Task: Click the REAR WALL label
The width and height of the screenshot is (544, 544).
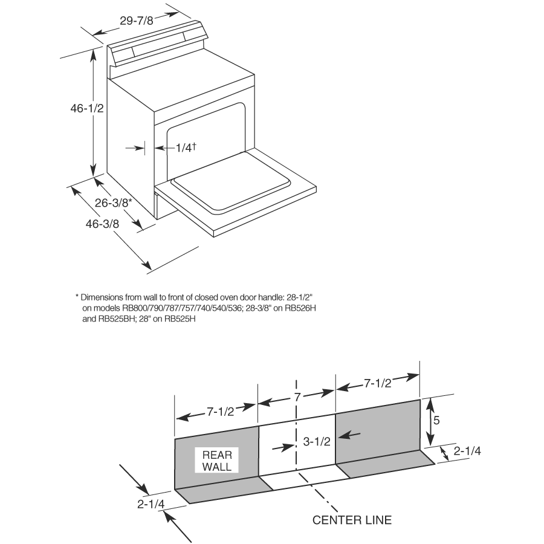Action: point(216,461)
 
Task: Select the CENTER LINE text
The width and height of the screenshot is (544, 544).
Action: point(352,520)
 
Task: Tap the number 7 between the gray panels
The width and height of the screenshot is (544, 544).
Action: point(297,398)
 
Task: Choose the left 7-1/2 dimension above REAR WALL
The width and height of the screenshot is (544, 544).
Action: point(221,412)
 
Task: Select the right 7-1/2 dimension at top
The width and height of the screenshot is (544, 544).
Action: point(377,383)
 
